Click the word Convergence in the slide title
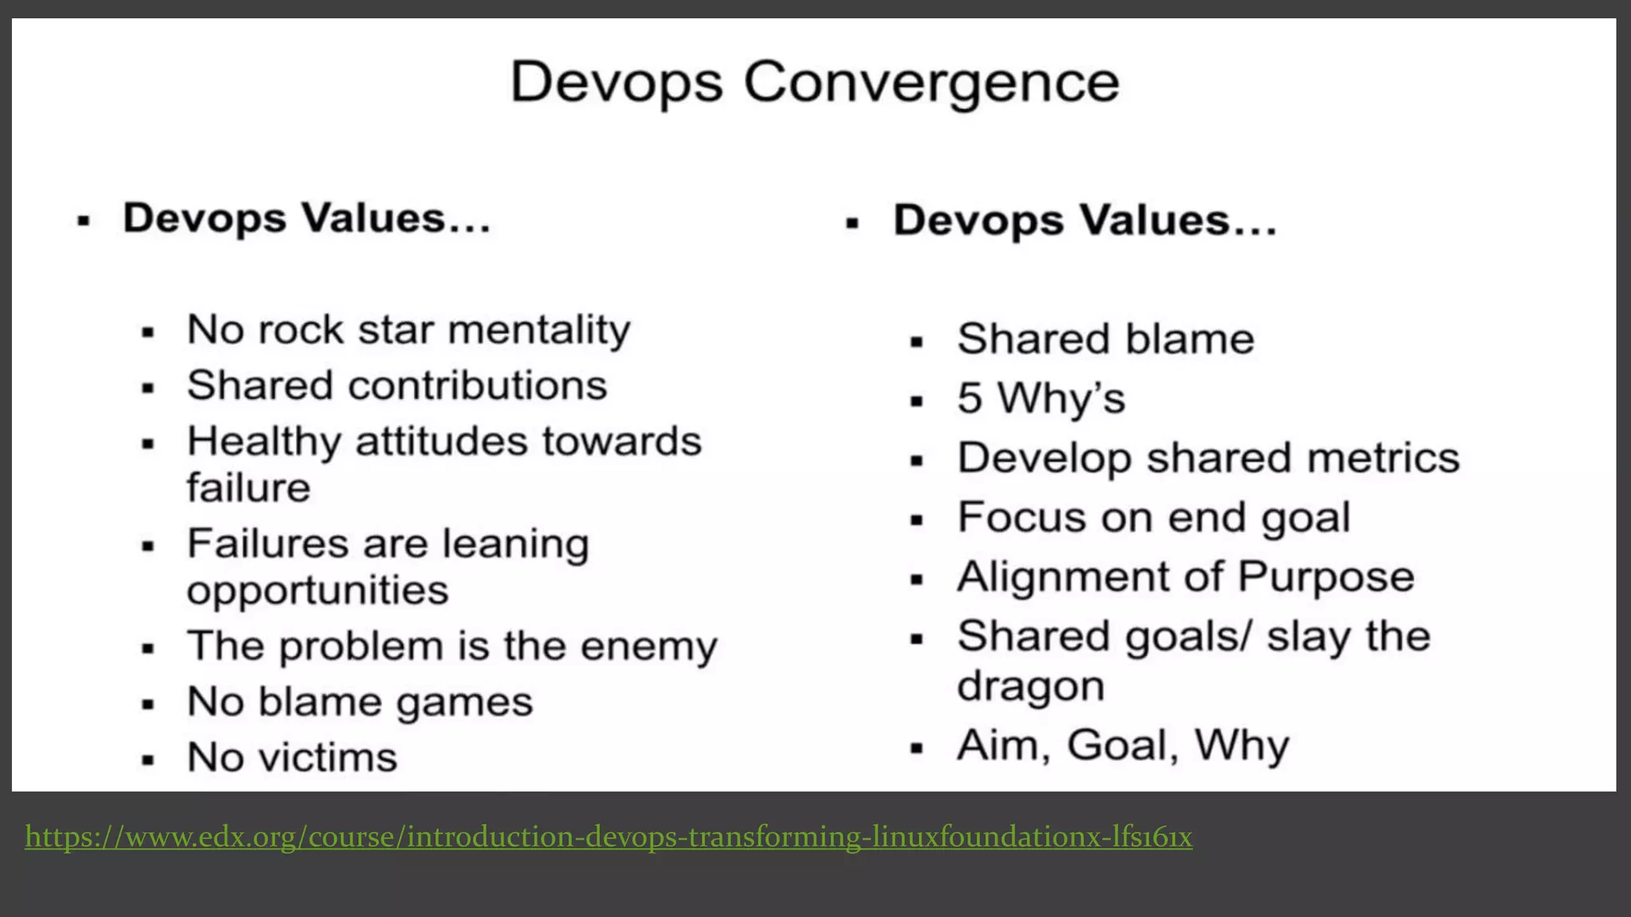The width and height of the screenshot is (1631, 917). [932, 83]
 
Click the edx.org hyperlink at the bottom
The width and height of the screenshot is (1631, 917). [608, 837]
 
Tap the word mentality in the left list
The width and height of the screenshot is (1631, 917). [539, 330]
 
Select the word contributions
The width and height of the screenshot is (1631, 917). [478, 386]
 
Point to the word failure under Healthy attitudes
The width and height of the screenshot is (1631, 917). [248, 488]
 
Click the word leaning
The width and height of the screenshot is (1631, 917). [515, 544]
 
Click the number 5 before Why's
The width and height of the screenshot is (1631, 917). [969, 398]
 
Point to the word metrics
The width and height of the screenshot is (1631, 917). [1383, 458]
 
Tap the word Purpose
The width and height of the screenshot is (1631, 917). [1326, 577]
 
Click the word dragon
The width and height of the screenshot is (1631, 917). [1031, 686]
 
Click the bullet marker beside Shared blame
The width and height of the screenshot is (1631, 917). [917, 343]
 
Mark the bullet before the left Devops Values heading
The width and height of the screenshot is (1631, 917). [83, 221]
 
